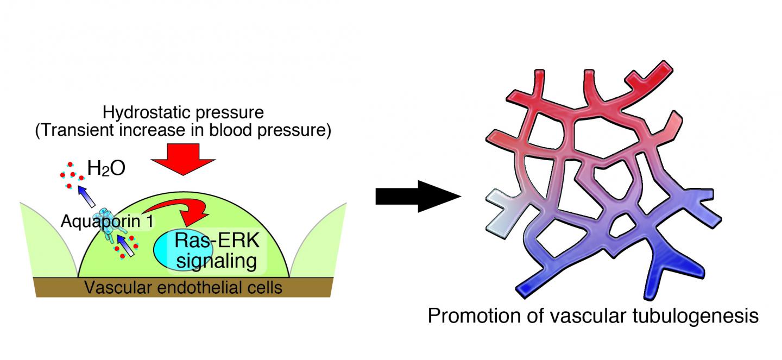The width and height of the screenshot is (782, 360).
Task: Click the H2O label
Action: coord(107,169)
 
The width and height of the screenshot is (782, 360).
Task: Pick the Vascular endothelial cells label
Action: coord(183,287)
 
